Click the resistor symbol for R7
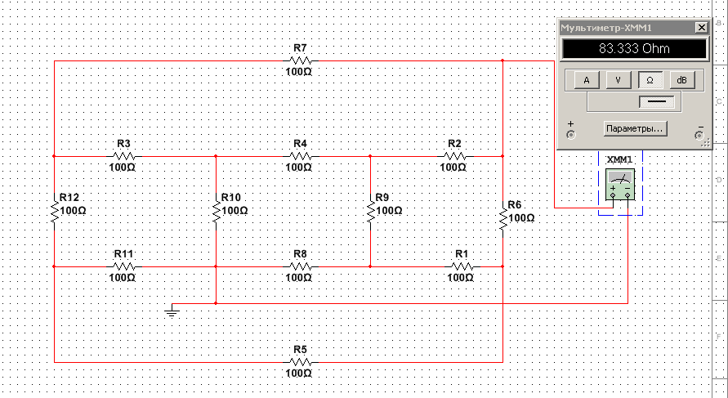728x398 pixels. click(x=301, y=60)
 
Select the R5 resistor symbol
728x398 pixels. click(x=301, y=362)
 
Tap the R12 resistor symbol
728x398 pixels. click(x=54, y=212)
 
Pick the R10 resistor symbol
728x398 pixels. click(x=216, y=212)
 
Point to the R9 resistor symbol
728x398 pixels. click(x=370, y=212)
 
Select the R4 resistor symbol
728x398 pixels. click(x=301, y=157)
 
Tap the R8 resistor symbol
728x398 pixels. click(x=301, y=266)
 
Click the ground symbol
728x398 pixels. click(x=172, y=311)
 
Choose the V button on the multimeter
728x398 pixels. click(x=618, y=80)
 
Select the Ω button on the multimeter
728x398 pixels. click(x=650, y=80)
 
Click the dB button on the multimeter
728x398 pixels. click(x=681, y=80)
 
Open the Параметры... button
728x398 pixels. click(x=635, y=128)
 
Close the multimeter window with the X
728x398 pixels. click(x=701, y=28)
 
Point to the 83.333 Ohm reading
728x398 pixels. click(x=634, y=49)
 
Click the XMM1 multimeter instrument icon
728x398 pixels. click(x=620, y=184)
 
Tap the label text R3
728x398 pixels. click(x=123, y=143)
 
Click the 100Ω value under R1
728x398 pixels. click(x=461, y=278)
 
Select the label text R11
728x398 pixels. click(x=123, y=253)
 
